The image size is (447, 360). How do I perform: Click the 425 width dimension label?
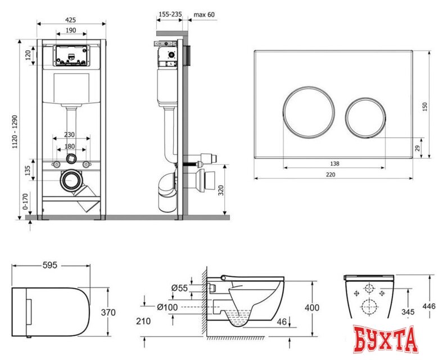click(71, 20)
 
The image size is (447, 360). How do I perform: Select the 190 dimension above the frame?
click(71, 30)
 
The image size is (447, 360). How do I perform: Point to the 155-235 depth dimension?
click(170, 14)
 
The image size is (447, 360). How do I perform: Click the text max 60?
click(204, 14)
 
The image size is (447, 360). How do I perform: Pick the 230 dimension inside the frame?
click(69, 134)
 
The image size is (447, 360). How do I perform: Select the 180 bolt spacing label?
click(69, 146)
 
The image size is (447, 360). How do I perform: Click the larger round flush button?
click(309, 112)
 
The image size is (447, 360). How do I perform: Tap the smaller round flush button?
click(366, 118)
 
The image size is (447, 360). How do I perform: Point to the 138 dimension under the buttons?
click(335, 164)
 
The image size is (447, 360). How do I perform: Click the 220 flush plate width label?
click(331, 174)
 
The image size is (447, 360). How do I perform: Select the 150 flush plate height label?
click(425, 106)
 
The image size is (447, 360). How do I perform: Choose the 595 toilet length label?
click(50, 265)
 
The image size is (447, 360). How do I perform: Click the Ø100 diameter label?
click(168, 307)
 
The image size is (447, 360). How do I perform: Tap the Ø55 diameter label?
click(179, 288)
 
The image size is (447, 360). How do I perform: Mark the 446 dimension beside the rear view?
click(429, 306)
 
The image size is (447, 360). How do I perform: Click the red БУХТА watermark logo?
click(385, 340)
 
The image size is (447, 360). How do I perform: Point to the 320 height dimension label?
click(221, 190)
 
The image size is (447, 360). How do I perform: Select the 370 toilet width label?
click(109, 312)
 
